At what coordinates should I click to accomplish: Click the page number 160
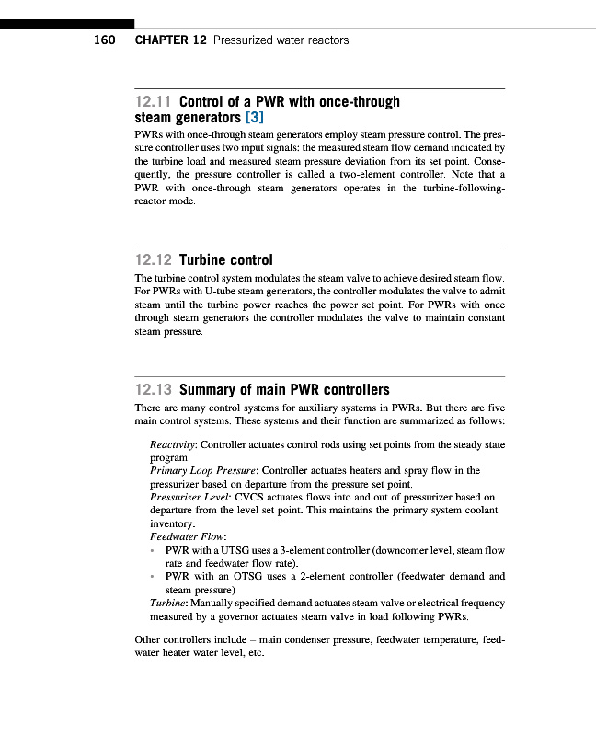[x=104, y=40]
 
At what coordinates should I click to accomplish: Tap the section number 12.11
[x=154, y=101]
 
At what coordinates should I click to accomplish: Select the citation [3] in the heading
[x=252, y=118]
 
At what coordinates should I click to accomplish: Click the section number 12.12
[x=154, y=259]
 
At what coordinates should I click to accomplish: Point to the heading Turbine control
[x=226, y=259]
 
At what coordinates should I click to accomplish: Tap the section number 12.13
[x=154, y=389]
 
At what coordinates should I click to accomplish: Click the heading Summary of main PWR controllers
[x=284, y=389]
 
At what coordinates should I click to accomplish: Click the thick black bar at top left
[x=67, y=23]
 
